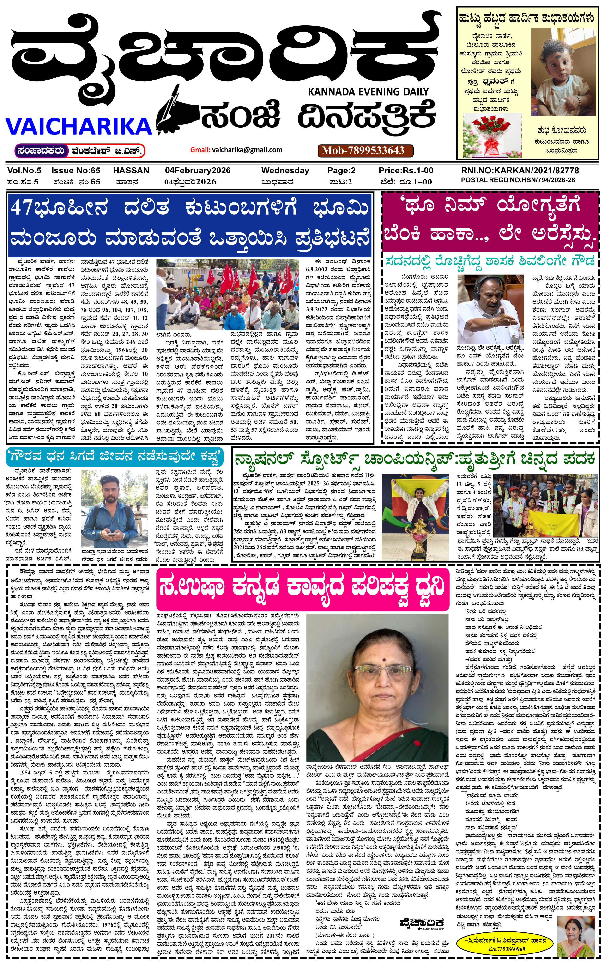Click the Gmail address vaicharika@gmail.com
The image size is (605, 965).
click(247, 150)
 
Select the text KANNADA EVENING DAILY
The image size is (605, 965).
click(368, 92)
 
